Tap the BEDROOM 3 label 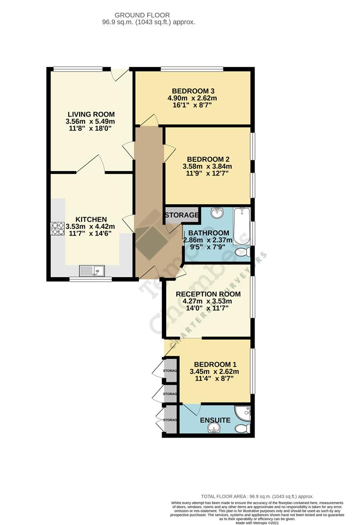click(x=193, y=91)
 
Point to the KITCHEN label click(x=91, y=219)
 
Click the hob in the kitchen click(x=58, y=228)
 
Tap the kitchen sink click(x=92, y=270)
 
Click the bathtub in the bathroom click(x=241, y=226)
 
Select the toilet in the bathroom click(x=242, y=252)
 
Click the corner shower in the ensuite click(x=242, y=413)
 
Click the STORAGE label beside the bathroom click(x=182, y=215)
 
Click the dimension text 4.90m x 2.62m click(x=193, y=98)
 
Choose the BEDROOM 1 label click(x=215, y=365)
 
